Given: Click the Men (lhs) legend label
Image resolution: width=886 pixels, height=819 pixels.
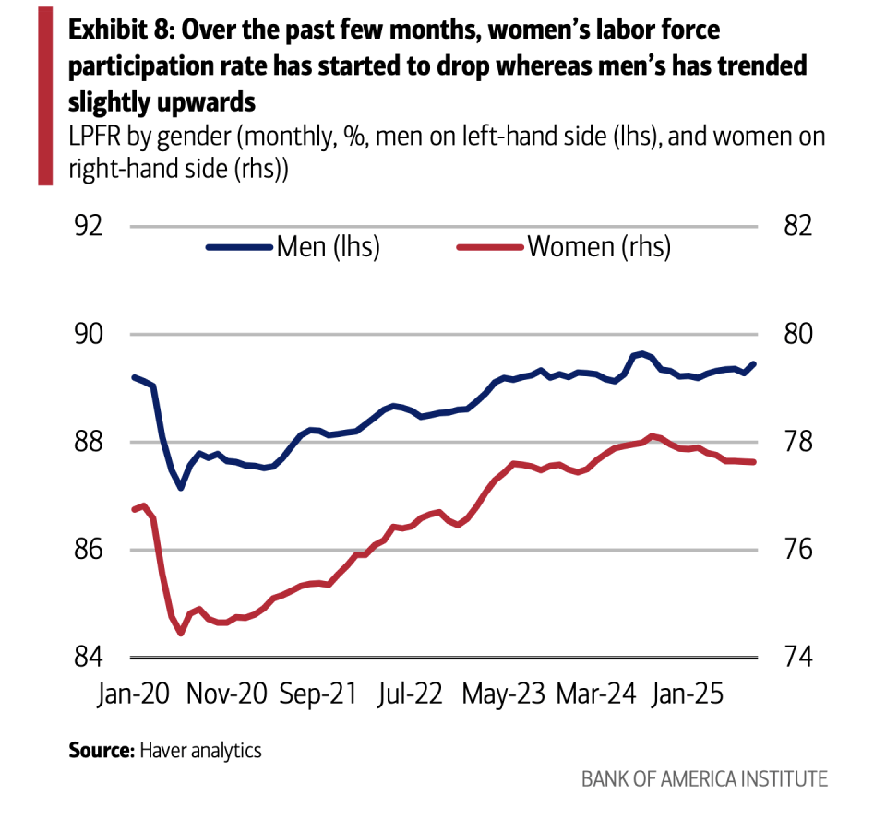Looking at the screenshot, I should click(328, 247).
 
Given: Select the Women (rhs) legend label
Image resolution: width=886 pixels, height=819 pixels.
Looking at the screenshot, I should click(598, 247).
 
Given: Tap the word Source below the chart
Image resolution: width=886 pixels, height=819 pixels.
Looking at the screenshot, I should click(101, 750).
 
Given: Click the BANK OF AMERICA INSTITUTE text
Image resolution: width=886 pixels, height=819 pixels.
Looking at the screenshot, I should click(704, 778).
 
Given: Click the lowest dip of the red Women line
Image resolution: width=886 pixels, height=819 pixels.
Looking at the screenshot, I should click(181, 634).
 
